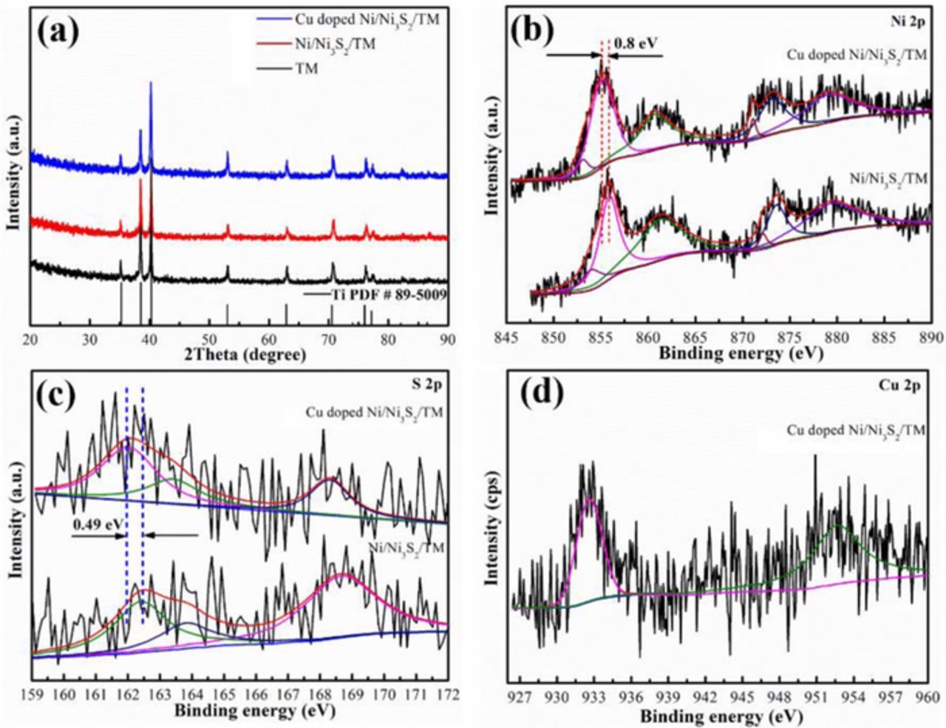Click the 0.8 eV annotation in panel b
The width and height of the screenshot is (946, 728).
636,42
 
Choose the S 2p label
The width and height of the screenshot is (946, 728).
428,385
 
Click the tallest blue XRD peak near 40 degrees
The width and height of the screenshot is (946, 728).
151,83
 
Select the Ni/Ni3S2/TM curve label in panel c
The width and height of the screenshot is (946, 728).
406,548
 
